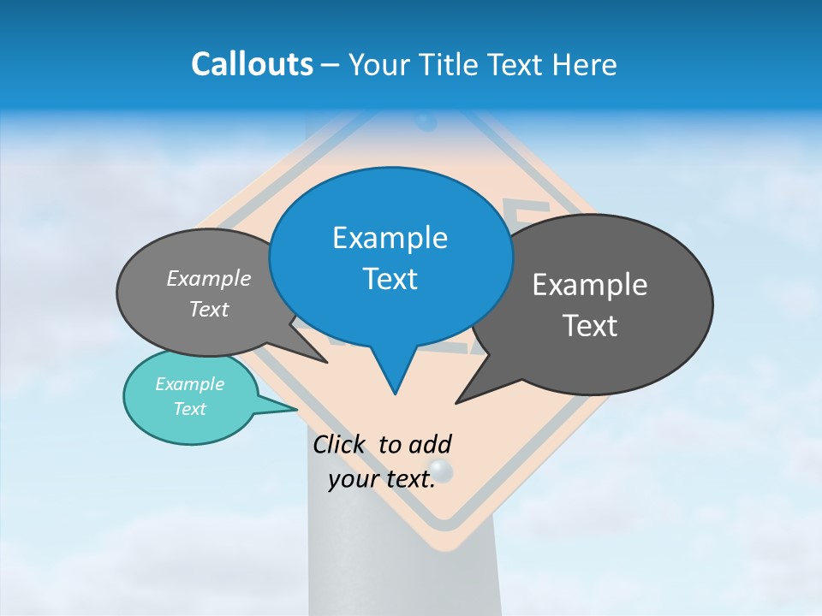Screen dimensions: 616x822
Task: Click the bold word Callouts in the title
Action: point(252,64)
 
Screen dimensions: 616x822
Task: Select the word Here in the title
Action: point(585,64)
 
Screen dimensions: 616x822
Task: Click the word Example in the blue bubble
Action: point(390,238)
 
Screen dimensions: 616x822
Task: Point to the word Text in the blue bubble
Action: point(390,279)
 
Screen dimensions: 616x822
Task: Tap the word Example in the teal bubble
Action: point(189,384)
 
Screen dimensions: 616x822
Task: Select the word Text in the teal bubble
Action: point(189,409)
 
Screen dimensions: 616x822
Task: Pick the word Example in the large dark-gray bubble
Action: point(589,285)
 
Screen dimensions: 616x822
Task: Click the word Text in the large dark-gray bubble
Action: point(589,326)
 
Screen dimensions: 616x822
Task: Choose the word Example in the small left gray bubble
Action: point(209,279)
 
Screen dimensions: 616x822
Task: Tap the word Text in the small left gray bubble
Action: point(209,310)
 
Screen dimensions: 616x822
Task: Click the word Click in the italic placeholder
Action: point(342,444)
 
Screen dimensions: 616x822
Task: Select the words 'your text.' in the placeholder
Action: point(381,479)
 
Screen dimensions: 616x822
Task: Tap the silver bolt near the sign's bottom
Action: point(441,470)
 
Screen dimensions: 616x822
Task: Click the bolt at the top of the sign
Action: point(427,122)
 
